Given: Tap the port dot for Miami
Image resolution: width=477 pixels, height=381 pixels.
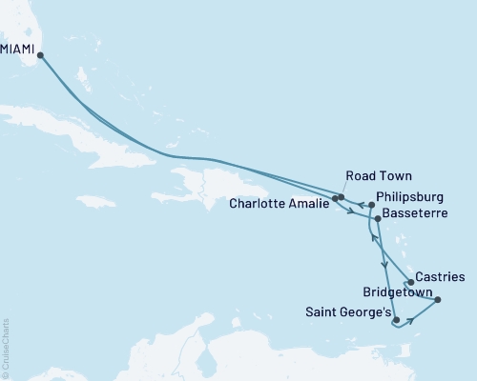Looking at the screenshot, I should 41,56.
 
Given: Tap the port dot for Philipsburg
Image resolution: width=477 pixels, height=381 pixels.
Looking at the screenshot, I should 371,205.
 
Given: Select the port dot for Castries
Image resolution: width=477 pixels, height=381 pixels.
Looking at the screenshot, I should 410,282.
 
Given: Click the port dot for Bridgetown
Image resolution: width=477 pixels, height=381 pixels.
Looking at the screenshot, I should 437,301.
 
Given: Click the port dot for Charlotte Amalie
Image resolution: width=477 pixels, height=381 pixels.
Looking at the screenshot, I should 334,198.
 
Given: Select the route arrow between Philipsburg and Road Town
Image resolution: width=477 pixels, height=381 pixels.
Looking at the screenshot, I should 361,203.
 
